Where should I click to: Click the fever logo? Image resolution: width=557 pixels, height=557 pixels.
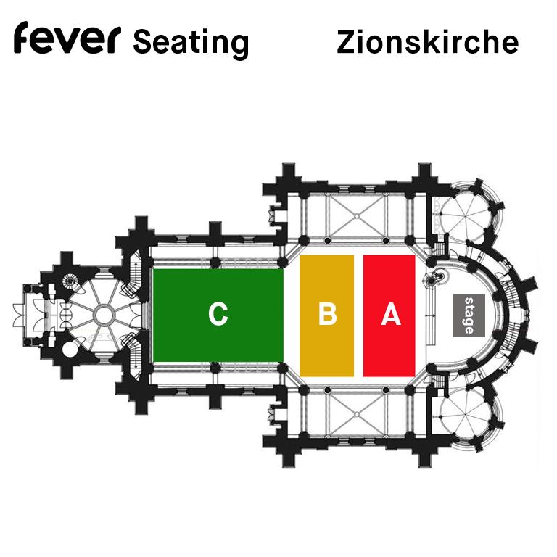[x=67, y=38]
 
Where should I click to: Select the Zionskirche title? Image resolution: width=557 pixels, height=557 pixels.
[x=428, y=42]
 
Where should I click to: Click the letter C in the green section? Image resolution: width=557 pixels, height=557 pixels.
[x=218, y=313]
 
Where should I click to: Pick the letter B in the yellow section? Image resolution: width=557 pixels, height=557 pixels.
[x=327, y=313]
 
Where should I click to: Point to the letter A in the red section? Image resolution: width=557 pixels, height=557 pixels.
[x=391, y=313]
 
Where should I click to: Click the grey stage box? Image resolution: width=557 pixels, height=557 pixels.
[x=469, y=315]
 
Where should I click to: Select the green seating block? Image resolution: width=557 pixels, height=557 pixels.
[x=218, y=315]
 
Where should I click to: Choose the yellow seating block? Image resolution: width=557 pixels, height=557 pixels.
[x=327, y=315]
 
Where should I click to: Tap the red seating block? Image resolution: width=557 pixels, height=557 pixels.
[x=389, y=315]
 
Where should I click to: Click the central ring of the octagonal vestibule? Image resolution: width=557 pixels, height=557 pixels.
[x=104, y=315]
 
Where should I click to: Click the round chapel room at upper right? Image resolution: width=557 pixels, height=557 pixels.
[x=465, y=214]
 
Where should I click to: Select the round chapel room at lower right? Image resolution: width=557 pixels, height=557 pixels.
[x=465, y=416]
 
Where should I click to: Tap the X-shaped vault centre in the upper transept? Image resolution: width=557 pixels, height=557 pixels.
[x=357, y=215]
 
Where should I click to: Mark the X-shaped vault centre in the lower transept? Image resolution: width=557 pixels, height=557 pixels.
[x=357, y=413]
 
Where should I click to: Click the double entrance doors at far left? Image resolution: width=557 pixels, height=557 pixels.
[x=19, y=315]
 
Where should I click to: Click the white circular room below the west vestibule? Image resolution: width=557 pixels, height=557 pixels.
[x=70, y=349]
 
